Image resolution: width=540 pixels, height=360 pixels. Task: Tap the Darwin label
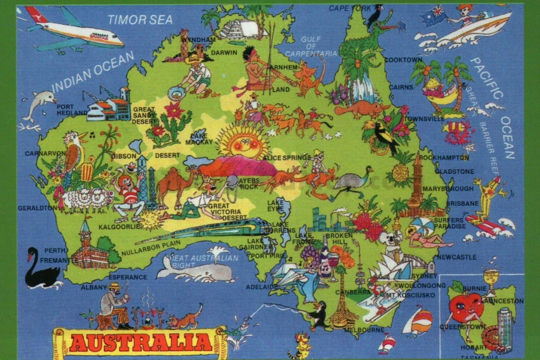point(224,53)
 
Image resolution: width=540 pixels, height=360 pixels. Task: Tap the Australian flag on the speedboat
point(434,16)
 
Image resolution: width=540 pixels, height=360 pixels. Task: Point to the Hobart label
point(472,347)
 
